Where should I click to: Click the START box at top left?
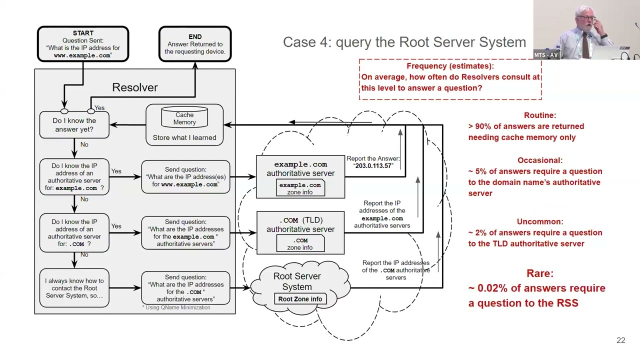point(83,44)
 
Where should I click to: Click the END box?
point(195,44)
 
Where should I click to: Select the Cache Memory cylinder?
point(184,118)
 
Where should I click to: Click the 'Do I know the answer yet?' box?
point(74,125)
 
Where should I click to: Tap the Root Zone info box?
point(300,299)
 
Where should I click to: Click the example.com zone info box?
point(300,188)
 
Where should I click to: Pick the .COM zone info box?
point(300,244)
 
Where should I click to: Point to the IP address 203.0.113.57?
point(374,166)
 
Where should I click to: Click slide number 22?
point(620,340)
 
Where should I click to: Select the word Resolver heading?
point(135,87)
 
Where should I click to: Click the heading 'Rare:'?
point(539,273)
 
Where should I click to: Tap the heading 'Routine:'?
point(539,115)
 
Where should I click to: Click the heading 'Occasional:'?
point(539,160)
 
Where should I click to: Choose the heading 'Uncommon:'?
point(539,221)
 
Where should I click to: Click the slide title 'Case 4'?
point(404,42)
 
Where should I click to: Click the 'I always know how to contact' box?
point(74,288)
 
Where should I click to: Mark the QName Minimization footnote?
point(176,307)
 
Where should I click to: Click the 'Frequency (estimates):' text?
point(449,66)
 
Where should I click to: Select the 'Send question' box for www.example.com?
point(185,177)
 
